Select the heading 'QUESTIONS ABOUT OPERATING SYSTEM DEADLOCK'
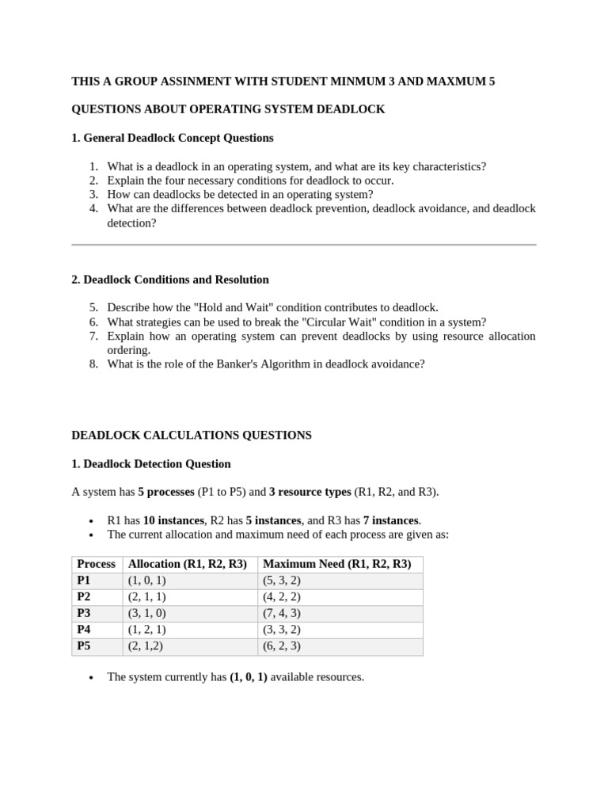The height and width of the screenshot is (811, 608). click(x=228, y=109)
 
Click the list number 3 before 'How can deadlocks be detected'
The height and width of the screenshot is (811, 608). click(x=93, y=194)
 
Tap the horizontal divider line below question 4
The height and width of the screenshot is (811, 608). click(x=304, y=245)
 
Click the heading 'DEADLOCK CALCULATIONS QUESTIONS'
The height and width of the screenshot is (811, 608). click(x=192, y=435)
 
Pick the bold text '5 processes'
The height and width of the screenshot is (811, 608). click(x=166, y=492)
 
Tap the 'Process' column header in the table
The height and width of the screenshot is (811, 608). click(x=96, y=564)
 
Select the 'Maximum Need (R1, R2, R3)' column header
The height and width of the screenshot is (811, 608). click(x=336, y=564)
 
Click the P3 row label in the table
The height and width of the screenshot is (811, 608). click(x=85, y=613)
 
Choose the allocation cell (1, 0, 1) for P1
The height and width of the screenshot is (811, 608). click(x=147, y=581)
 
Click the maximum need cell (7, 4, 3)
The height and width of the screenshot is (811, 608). click(x=282, y=613)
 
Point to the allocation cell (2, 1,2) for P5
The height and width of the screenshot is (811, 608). click(x=146, y=646)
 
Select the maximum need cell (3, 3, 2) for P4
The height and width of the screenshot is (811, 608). click(x=282, y=630)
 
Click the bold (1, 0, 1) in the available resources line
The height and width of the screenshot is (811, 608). click(x=249, y=677)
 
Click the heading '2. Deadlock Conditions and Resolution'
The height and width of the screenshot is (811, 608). click(x=170, y=280)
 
